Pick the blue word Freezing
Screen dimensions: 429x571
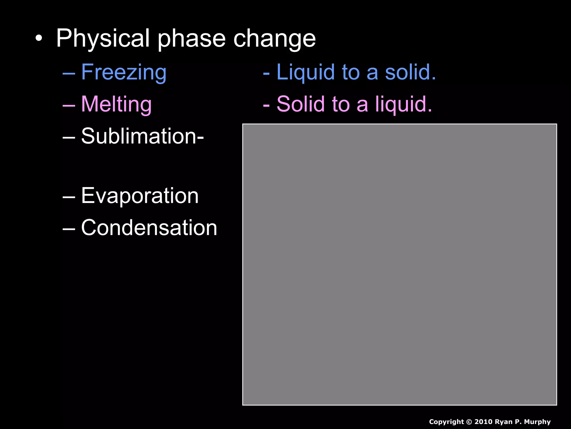[124, 72]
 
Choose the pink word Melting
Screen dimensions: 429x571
[116, 104]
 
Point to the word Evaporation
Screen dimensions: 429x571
[140, 196]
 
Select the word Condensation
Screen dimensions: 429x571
[149, 228]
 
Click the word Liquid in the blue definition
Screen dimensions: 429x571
[305, 72]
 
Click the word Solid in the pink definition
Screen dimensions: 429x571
[301, 104]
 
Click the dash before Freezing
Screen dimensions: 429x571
[69, 73]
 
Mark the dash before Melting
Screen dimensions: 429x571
[69, 105]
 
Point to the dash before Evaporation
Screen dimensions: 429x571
[69, 197]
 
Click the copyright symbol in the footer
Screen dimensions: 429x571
[469, 422]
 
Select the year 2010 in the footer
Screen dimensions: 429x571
[484, 422]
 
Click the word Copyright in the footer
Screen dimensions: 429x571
[446, 422]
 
